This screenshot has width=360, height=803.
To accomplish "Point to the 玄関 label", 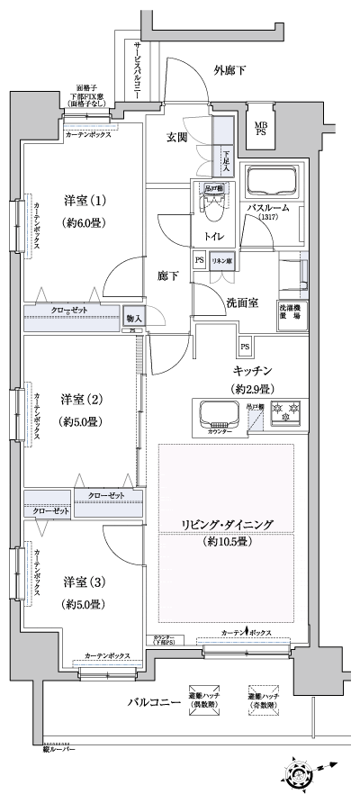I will tap(176, 138).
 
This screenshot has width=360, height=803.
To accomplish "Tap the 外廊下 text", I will tap(229, 70).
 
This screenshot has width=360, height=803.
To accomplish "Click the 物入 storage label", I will tap(134, 317).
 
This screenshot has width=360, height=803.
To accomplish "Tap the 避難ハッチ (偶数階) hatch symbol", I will tap(204, 698).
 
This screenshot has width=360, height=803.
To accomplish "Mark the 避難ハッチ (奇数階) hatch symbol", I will tap(265, 698).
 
